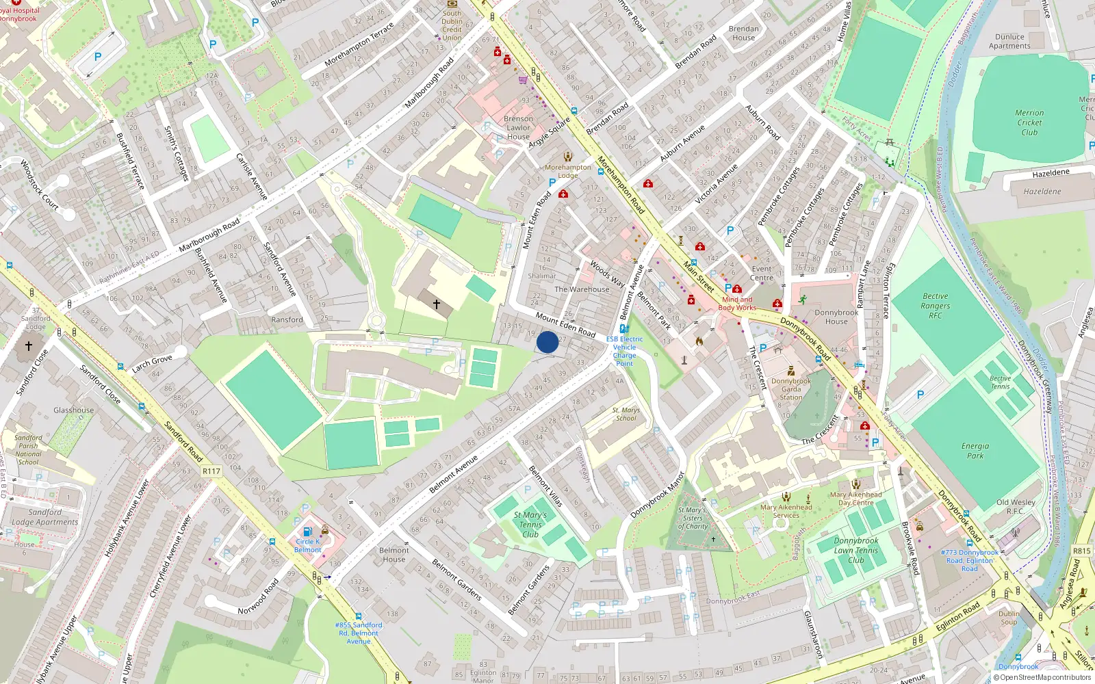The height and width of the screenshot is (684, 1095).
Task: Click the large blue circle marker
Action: point(547,342)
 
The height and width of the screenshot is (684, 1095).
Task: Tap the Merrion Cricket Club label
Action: point(1029,122)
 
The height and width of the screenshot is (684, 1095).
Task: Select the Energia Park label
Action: point(975,451)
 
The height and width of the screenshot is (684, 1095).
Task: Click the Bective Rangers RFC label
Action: point(935,306)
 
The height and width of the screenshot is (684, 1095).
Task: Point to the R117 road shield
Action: point(211,471)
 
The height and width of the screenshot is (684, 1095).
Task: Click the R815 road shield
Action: point(1081,551)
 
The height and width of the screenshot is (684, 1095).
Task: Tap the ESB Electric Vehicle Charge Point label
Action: point(624,351)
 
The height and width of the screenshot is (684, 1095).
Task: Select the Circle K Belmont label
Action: point(307,545)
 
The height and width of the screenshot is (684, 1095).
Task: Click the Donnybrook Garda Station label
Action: point(791,389)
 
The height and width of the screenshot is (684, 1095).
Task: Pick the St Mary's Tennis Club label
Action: point(530,524)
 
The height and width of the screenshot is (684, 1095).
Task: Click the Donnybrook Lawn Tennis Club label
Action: point(855,550)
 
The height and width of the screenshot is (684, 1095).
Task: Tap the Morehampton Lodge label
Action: point(567,171)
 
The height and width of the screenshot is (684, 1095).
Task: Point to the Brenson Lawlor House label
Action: point(518,127)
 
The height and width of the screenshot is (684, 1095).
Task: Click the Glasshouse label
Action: point(73,410)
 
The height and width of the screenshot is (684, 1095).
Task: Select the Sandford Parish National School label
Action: point(28,450)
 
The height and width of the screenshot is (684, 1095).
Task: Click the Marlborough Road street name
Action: point(209,235)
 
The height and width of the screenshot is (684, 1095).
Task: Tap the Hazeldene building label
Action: point(1042,192)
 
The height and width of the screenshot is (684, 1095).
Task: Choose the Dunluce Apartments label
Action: point(1009,42)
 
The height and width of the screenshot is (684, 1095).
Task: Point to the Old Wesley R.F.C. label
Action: point(1016,506)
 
